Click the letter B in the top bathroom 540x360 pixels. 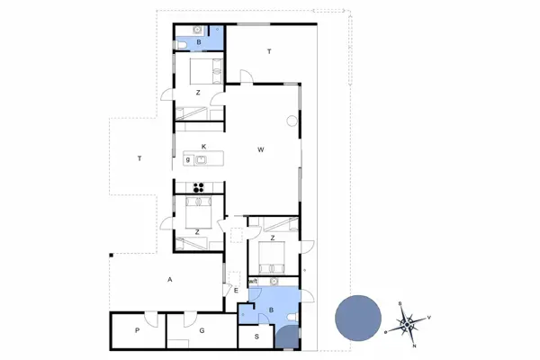(200, 42)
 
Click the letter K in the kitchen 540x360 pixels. (204, 147)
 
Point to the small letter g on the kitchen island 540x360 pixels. (188, 160)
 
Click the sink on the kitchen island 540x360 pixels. (202, 160)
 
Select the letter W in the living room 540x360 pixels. (260, 148)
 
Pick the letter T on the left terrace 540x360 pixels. (139, 159)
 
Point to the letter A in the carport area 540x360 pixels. (169, 281)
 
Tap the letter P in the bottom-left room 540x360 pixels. (137, 331)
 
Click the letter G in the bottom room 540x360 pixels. (202, 331)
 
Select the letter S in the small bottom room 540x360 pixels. (256, 337)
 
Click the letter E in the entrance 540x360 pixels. (235, 291)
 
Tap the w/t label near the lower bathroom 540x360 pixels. (253, 282)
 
